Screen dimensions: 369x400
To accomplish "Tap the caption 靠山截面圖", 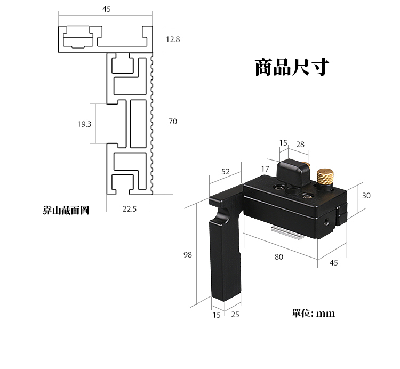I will tap(66, 210).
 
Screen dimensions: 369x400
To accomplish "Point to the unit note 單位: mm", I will tap(314, 313).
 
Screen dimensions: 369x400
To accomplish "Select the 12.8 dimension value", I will tap(173, 39).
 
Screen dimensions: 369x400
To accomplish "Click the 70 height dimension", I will tap(172, 122).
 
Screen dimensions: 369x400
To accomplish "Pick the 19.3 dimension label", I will tap(84, 124).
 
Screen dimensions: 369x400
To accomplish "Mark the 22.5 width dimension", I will tap(130, 209).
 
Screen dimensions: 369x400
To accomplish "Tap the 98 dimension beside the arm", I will tap(187, 255).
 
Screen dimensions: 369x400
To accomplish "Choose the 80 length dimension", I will tap(279, 256).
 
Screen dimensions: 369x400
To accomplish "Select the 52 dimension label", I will tap(225, 172).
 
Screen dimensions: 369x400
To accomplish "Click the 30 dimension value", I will tap(366, 196).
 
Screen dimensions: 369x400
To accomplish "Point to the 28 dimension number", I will tap(300, 144).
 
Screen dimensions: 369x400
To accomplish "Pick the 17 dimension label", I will tap(265, 169).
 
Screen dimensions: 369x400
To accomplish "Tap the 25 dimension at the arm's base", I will tap(235, 315).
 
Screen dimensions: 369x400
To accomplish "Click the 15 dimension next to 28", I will tap(283, 143).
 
